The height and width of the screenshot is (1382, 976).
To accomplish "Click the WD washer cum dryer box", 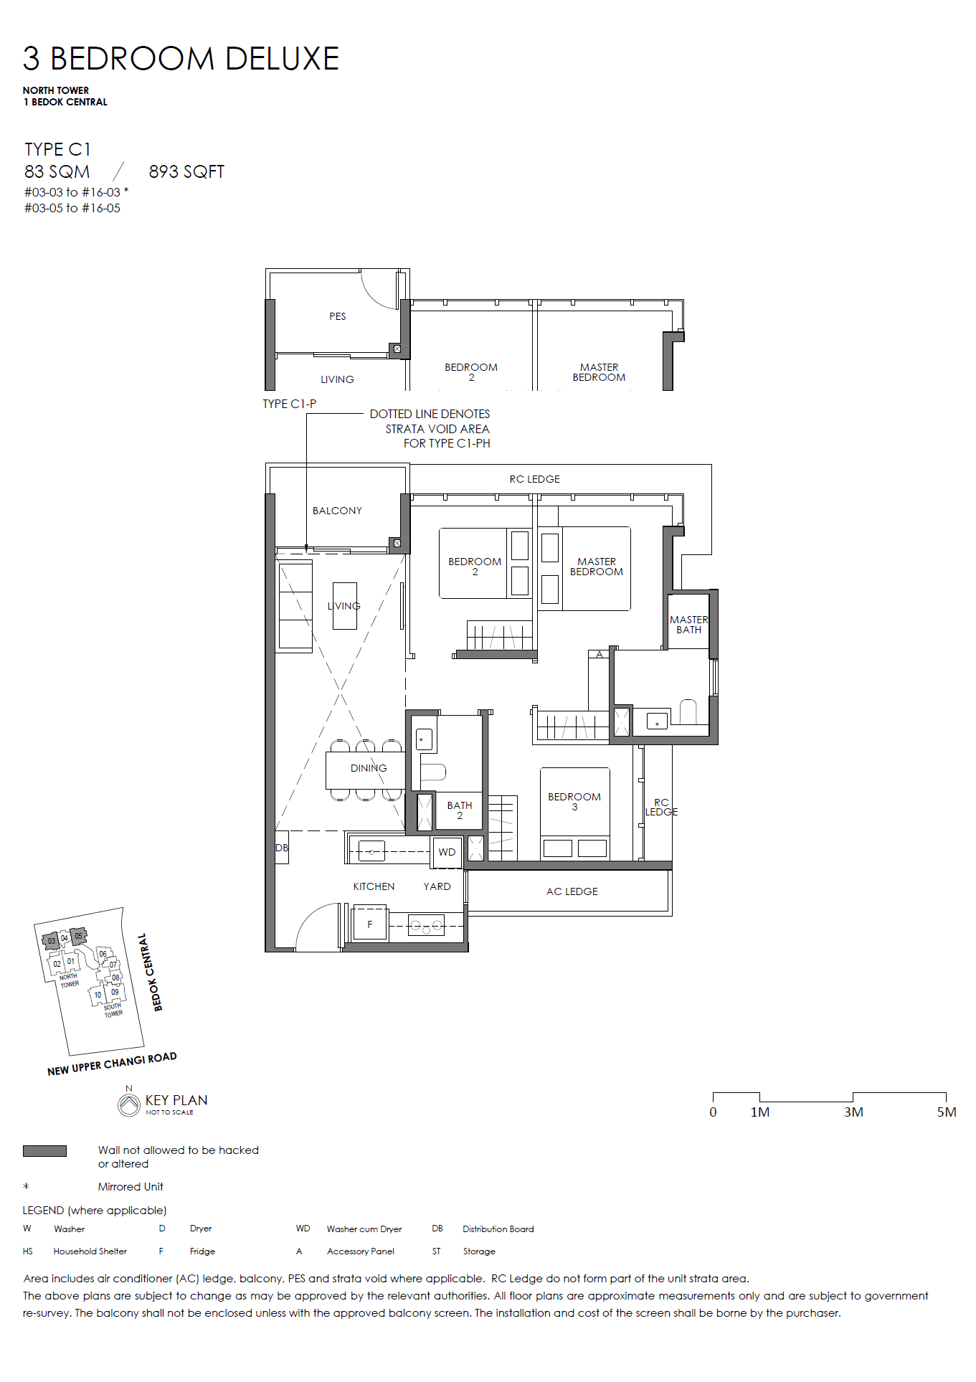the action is tap(447, 851).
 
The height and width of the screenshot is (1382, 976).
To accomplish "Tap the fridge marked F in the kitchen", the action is tap(370, 924).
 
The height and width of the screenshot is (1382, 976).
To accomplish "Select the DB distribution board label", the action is tap(282, 848).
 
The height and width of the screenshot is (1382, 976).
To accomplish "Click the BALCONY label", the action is tap(337, 511).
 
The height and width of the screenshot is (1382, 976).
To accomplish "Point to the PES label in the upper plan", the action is tap(338, 316).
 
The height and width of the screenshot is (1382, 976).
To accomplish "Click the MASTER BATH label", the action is tap(688, 625).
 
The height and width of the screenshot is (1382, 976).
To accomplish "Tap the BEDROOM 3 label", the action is tap(574, 802).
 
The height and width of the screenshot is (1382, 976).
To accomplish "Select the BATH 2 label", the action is tap(460, 810).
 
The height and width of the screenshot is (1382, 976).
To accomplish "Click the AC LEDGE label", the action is tap(572, 891).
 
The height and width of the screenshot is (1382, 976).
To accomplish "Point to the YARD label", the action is tap(437, 886).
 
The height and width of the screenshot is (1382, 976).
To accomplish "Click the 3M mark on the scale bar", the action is tap(853, 1112).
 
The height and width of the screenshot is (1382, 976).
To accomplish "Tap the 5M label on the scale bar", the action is tap(947, 1112).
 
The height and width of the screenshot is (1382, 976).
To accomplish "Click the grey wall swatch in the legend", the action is tap(44, 1151).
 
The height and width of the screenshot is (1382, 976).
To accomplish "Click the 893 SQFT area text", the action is tap(186, 172).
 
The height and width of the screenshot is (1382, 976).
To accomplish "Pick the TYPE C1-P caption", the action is tap(289, 404).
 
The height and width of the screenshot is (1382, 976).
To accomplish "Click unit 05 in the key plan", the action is tap(78, 936).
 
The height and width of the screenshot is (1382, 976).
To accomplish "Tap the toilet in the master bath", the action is tap(688, 711).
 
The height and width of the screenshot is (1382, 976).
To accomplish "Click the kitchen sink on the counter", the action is tap(371, 851).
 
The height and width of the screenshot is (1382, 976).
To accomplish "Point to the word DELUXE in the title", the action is tap(282, 59).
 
